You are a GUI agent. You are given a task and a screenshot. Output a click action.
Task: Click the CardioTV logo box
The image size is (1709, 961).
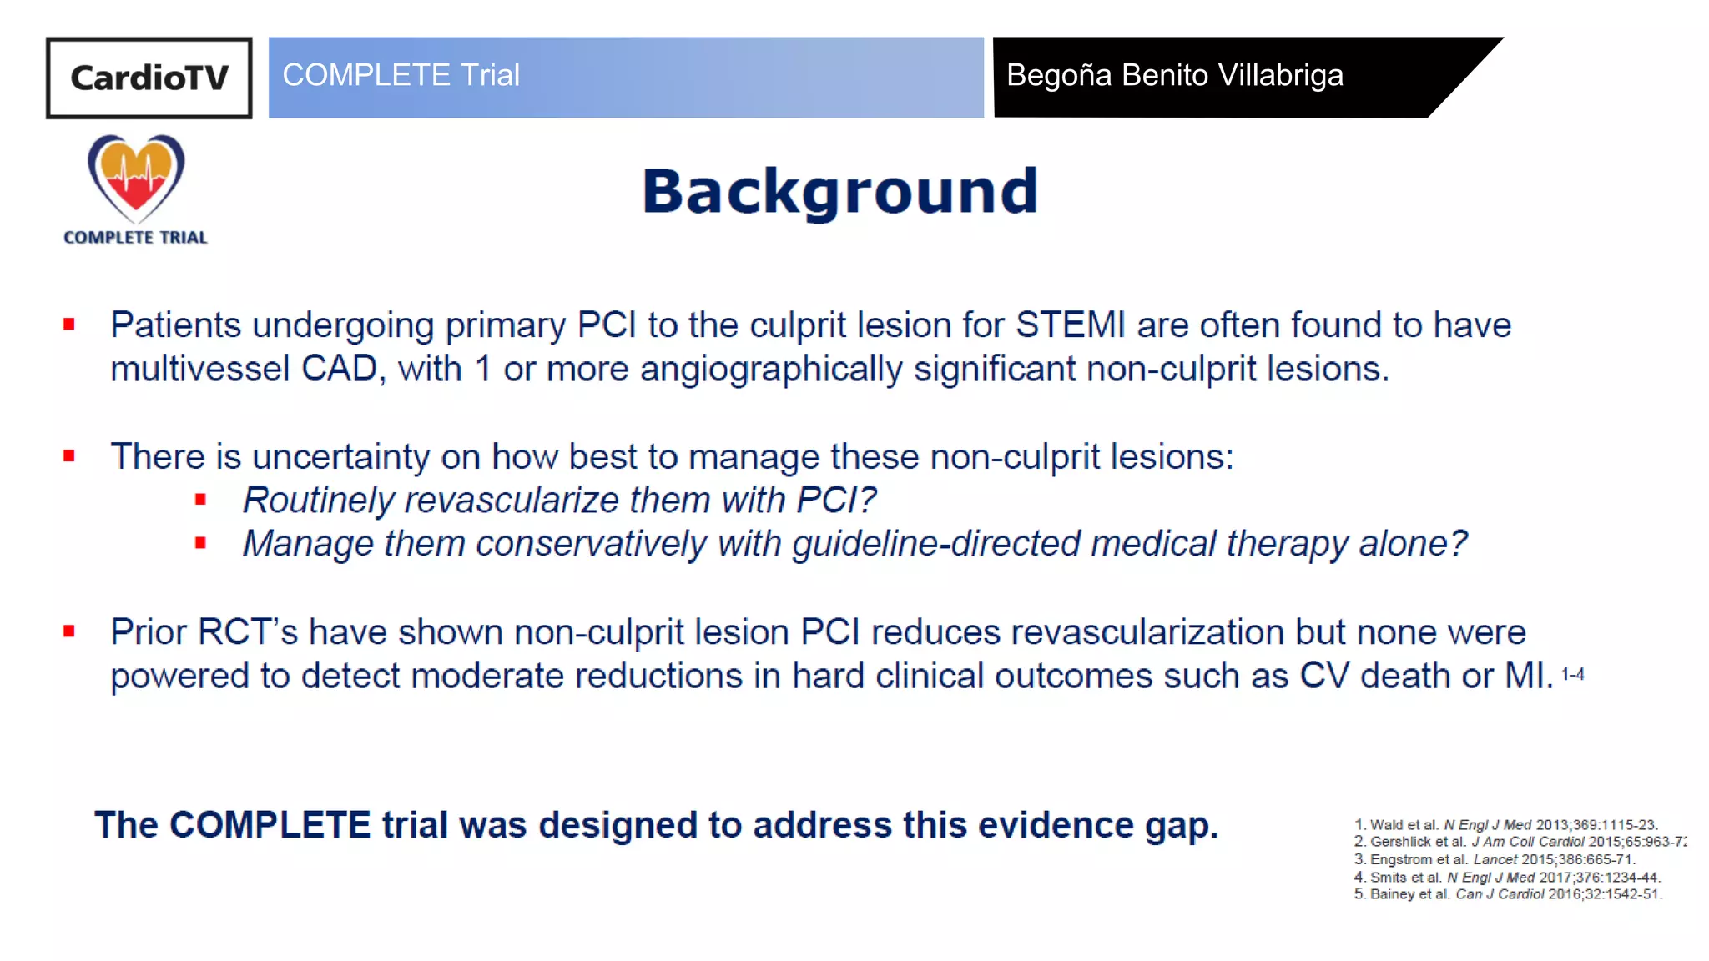149,78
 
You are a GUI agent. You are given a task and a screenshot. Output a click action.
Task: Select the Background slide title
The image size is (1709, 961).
839,192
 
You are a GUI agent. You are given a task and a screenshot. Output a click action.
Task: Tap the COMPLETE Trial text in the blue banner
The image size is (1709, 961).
401,75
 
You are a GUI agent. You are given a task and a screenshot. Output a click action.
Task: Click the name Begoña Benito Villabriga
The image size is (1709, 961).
1174,75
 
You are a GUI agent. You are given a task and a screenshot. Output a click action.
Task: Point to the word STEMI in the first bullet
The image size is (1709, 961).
1070,325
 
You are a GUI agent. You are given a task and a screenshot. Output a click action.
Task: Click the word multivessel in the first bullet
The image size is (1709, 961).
199,369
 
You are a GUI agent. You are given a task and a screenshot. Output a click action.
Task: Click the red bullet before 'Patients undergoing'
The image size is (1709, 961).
69,325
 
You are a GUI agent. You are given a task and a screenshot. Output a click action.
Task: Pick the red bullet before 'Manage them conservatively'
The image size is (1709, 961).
200,543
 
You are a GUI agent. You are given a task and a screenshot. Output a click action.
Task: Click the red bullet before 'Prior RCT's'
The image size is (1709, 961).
69,631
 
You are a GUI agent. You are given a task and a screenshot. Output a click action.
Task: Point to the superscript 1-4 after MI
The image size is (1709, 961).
1572,673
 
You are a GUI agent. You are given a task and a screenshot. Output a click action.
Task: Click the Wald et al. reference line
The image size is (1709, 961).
1505,824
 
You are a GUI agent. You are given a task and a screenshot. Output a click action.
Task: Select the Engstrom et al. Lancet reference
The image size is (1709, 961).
1494,859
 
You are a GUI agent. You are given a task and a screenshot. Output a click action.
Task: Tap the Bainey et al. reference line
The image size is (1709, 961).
1507,894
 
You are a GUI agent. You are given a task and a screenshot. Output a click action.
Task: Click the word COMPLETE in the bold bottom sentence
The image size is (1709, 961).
270,825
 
